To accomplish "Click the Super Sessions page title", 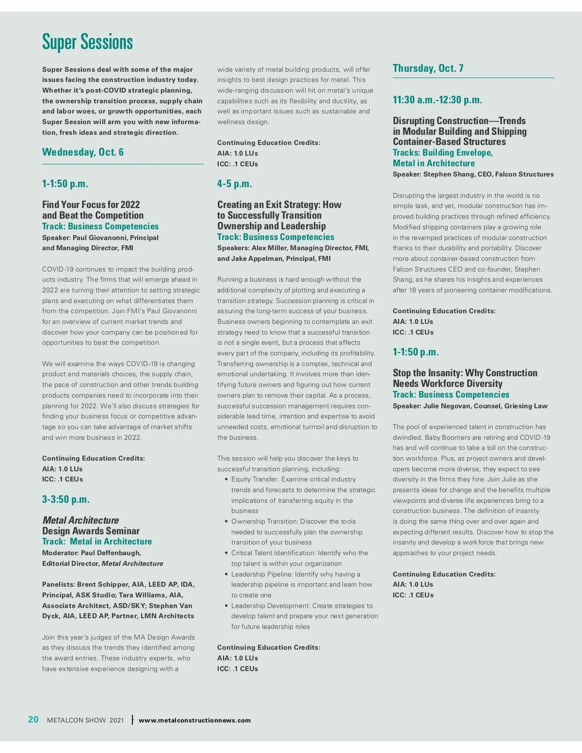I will point(87,42).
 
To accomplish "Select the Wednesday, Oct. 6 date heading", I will point(83,152).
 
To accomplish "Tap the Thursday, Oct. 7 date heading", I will point(428,68).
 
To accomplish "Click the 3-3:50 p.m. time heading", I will point(66,499).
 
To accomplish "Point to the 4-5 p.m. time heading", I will point(235,184).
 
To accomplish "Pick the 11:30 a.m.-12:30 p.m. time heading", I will point(437,100).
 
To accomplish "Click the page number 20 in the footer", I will point(33,720).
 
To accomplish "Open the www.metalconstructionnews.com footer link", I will point(194,721).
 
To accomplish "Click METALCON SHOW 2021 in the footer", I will point(85,721).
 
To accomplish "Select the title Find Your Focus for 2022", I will point(91,205).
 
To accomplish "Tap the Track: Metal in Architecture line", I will point(97,542).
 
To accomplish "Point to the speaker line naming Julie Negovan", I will point(470,406).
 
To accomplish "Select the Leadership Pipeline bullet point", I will point(295,574).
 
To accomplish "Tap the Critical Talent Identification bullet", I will point(299,553).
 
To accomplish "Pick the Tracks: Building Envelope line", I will point(442,153).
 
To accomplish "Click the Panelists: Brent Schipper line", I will point(118,585).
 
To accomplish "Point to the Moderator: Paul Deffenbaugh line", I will point(92,553).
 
